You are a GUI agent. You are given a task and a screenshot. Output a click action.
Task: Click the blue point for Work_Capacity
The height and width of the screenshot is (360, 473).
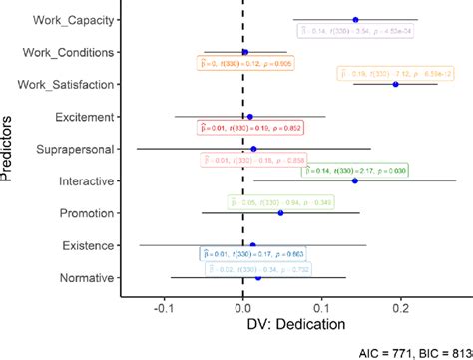pos(355,20)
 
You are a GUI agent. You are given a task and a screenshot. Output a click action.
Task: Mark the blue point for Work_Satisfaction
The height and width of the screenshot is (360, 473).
pos(396,84)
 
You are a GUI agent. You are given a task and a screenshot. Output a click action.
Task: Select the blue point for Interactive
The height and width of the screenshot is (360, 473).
pos(355,180)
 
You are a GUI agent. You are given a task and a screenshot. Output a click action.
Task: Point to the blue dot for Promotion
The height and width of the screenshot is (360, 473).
pos(281,213)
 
